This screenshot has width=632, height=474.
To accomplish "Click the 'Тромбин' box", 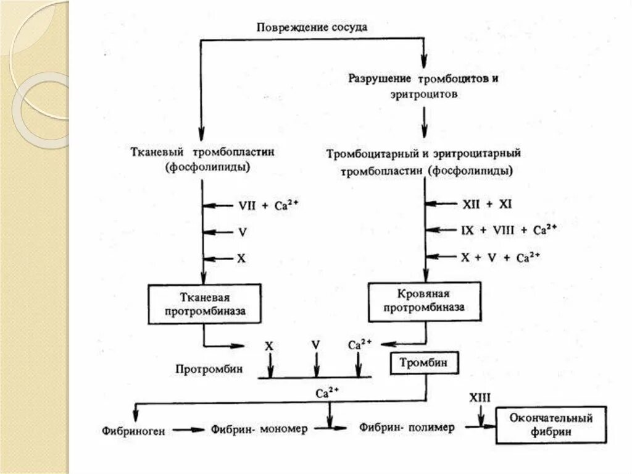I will click(425, 364).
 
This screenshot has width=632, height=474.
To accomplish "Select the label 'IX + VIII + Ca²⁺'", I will click(509, 230).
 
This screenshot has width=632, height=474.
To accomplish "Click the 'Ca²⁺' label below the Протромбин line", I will click(326, 392).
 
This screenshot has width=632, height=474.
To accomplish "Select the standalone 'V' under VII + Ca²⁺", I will click(241, 232).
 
